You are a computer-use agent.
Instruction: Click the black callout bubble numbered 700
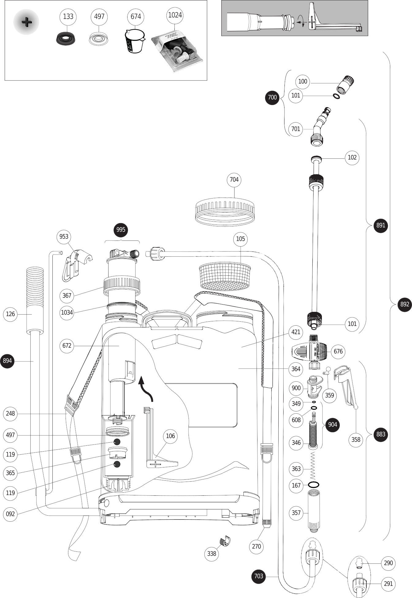[x=272, y=97]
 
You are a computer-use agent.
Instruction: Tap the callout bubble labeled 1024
[x=175, y=15]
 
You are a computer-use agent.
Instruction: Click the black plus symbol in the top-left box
[x=27, y=22]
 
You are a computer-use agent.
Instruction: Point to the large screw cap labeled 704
[x=225, y=212]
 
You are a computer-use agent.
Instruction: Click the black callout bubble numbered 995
[x=121, y=230]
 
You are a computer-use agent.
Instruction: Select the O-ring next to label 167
[x=313, y=485]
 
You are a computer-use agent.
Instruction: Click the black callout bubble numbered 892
[x=405, y=304]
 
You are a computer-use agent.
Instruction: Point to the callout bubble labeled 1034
[x=67, y=312]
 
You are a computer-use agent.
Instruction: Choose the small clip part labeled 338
[x=226, y=541]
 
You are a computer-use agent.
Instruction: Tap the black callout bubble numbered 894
[x=7, y=361]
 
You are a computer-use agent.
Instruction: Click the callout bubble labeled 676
[x=338, y=351]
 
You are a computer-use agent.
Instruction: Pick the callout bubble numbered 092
[x=10, y=514]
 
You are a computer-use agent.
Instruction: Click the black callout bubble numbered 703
[x=258, y=576]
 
